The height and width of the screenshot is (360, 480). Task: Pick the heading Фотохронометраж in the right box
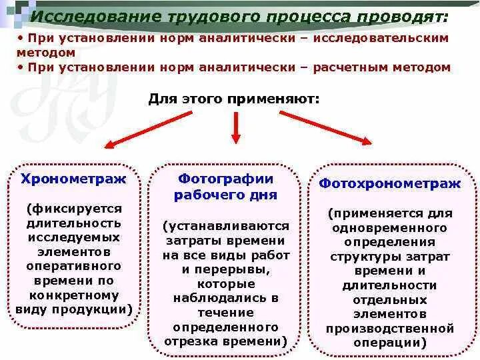click(x=390, y=183)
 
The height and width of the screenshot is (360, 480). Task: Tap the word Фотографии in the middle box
click(x=226, y=179)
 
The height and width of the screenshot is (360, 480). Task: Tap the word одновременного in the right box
click(x=390, y=228)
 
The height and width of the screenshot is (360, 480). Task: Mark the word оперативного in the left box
click(x=73, y=266)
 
